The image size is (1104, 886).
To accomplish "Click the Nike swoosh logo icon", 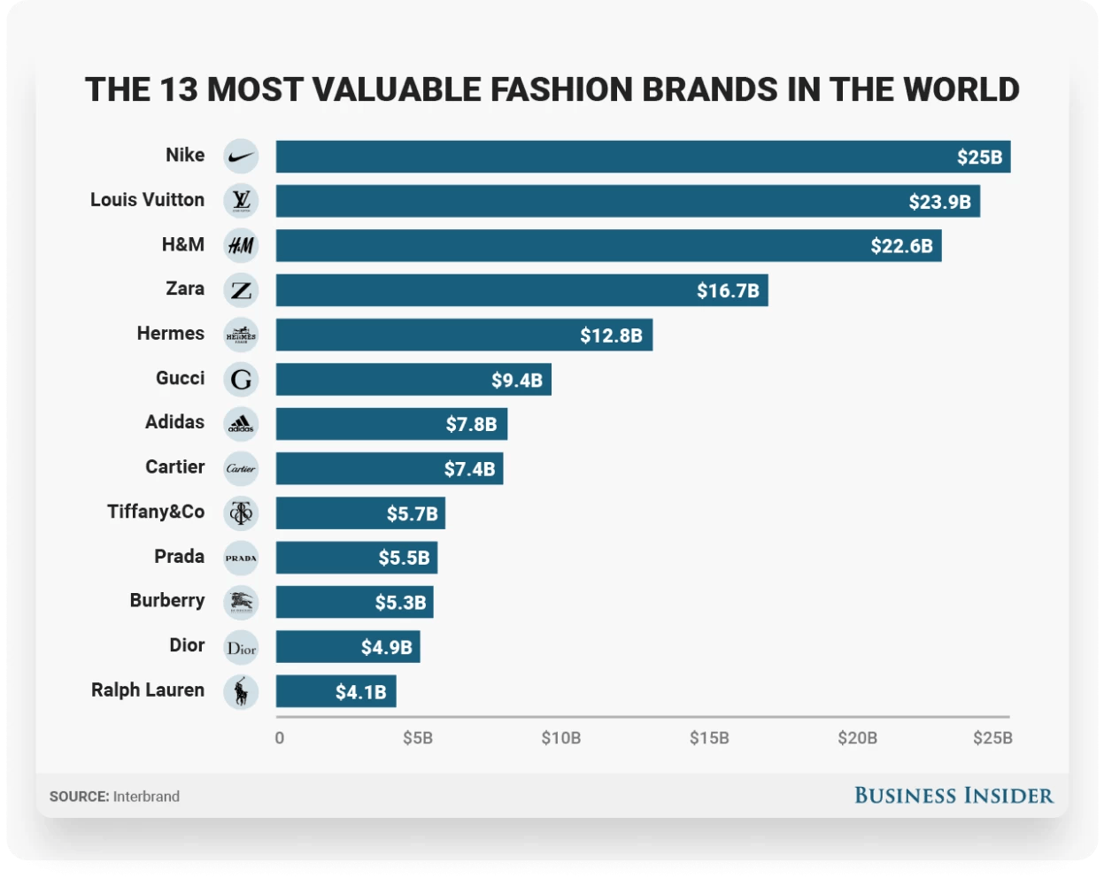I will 241,157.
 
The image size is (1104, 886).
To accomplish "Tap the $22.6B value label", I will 901,246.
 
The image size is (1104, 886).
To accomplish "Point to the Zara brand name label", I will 185,289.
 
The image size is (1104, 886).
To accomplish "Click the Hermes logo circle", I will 241,335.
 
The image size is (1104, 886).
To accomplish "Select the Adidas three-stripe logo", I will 241,424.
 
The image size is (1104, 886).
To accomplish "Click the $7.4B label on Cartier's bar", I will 469,468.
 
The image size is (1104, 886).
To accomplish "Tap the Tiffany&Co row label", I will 156,512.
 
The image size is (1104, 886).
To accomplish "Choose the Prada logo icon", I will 241,558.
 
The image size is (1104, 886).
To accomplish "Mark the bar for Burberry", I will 354,602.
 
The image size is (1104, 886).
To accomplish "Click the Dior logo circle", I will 241,647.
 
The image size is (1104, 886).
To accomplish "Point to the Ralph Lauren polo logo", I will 241,691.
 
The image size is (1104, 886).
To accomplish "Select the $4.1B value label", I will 360,692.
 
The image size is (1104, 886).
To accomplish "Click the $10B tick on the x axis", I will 561,738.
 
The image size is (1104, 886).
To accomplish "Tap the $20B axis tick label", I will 857,738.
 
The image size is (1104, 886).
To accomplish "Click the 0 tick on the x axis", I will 280,738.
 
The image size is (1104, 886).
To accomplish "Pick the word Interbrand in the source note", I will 146,797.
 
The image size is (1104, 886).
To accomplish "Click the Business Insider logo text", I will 953,796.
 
